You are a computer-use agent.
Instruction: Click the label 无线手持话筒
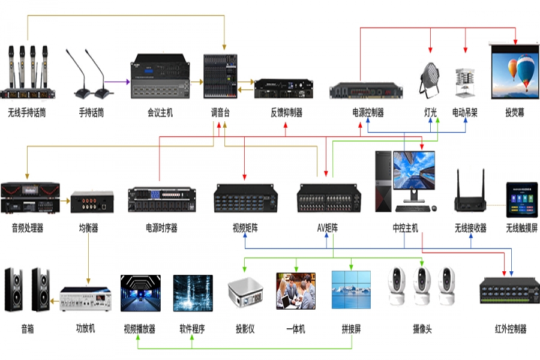pyautogui.click(x=28, y=112)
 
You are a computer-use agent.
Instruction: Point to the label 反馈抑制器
pyautogui.click(x=286, y=112)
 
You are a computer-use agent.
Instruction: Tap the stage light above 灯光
pyautogui.click(x=430, y=79)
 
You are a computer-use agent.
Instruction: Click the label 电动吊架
pyautogui.click(x=464, y=112)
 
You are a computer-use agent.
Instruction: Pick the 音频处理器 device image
pyautogui.click(x=30, y=197)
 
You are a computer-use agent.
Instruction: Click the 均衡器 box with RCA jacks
pyautogui.click(x=92, y=202)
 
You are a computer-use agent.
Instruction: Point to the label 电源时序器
pyautogui.click(x=161, y=228)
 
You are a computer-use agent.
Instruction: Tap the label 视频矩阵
pyautogui.click(x=245, y=228)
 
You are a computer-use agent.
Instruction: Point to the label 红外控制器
pyautogui.click(x=511, y=329)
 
